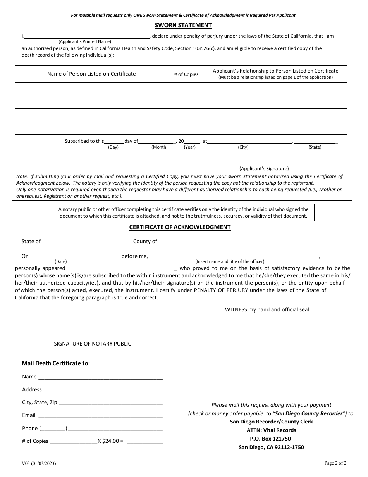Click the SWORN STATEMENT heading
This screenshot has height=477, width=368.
(x=183, y=25)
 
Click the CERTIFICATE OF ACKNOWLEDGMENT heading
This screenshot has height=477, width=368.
(x=180, y=227)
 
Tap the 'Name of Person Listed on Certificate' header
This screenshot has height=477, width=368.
(x=91, y=74)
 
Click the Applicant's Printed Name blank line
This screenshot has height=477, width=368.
(x=87, y=36)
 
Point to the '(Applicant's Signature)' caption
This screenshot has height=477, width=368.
(x=264, y=169)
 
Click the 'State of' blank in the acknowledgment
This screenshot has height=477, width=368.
(x=87, y=242)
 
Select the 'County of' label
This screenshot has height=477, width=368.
(x=145, y=242)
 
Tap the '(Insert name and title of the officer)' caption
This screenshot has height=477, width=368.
(x=230, y=261)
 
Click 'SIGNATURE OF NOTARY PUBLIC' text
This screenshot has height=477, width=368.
(x=93, y=344)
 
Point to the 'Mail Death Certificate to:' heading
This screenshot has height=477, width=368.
(x=56, y=363)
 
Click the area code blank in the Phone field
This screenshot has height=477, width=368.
(x=53, y=429)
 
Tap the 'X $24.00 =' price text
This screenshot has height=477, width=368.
(x=110, y=441)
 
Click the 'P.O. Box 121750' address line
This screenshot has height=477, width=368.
(x=271, y=439)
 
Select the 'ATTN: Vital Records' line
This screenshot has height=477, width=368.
(x=271, y=430)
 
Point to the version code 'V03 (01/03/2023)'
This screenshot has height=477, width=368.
(x=41, y=463)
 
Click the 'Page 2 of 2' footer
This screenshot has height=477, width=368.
(x=335, y=463)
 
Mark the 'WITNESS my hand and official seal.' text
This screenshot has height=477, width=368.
(x=268, y=309)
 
